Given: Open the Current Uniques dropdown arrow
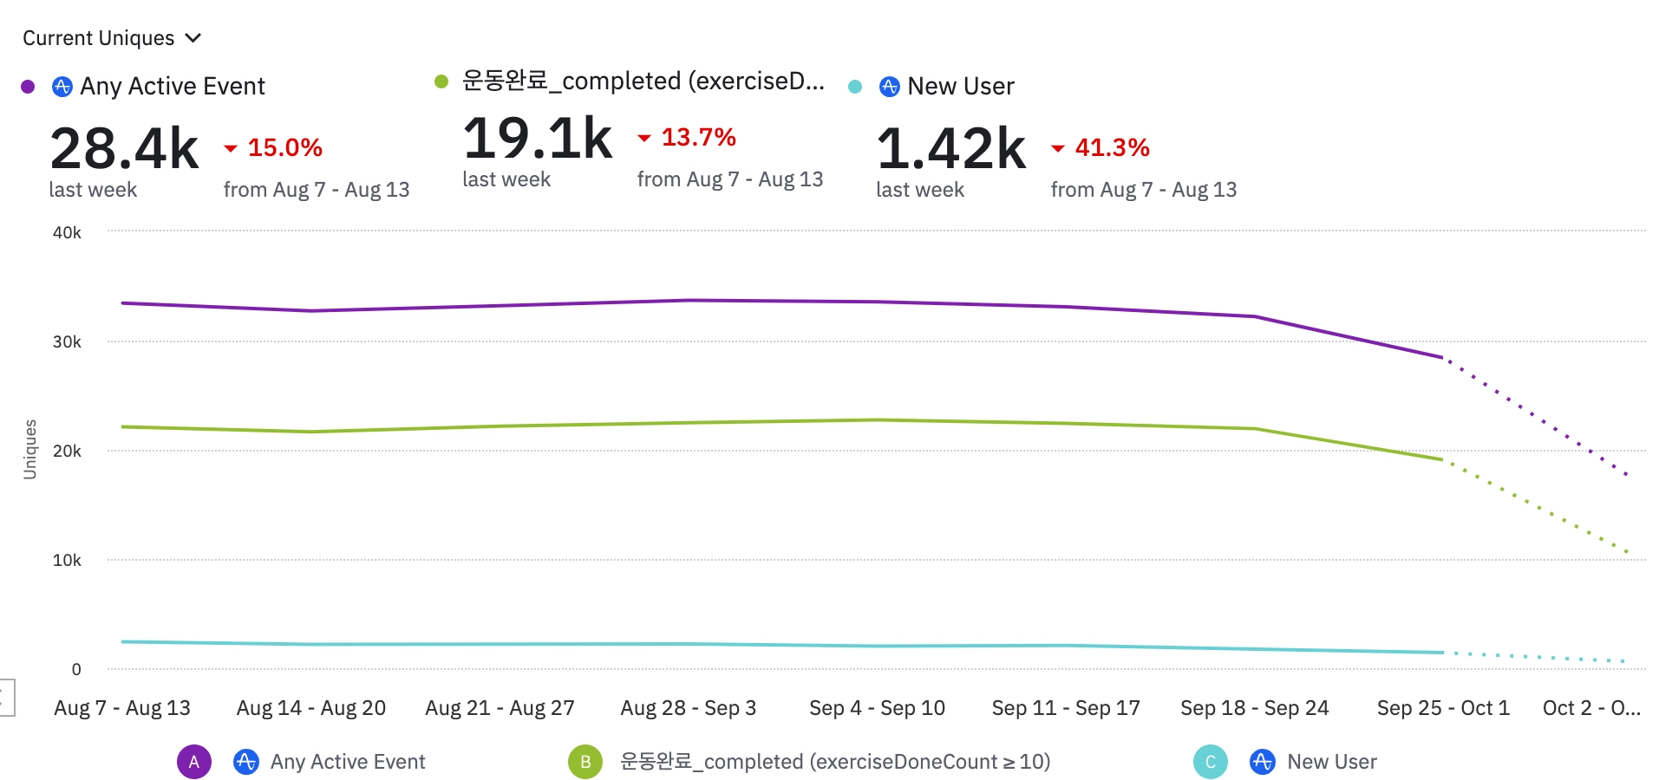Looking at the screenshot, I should click(193, 38).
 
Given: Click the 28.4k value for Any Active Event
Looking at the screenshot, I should click(125, 148).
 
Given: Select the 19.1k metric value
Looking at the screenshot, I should click(538, 138).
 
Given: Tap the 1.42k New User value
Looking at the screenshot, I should click(951, 148).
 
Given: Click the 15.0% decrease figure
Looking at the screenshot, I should click(284, 148).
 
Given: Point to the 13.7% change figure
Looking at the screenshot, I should click(698, 137).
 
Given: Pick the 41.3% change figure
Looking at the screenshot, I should click(1112, 148).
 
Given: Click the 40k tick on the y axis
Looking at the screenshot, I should click(67, 232).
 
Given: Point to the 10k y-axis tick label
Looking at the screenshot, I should click(67, 560).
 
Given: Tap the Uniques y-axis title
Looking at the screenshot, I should click(30, 449).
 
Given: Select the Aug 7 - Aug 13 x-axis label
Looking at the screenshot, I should click(122, 708).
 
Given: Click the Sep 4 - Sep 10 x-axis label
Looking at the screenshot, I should click(877, 708).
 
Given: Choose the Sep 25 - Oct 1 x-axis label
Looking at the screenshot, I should click(1443, 708).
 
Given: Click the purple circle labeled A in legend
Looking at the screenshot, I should click(194, 762).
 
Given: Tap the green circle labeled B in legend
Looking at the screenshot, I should click(585, 762).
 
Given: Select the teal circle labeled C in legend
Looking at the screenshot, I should click(1211, 762).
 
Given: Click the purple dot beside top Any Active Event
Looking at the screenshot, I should click(28, 87).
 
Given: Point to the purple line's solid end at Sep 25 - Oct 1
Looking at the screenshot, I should click(1442, 357).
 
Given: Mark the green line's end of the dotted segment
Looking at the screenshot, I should click(1628, 552).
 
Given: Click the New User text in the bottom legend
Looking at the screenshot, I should click(1332, 762).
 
